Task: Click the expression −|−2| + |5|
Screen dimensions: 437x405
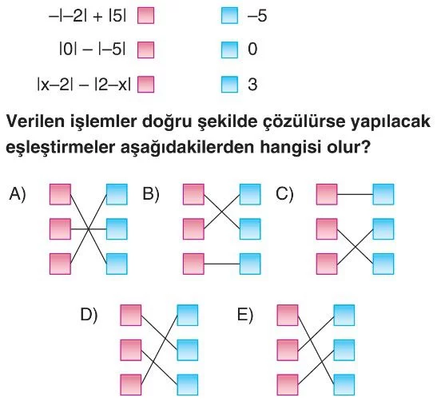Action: tap(88, 17)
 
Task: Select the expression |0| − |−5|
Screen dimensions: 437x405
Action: tap(93, 50)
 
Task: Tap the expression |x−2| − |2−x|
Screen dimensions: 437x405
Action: tap(84, 85)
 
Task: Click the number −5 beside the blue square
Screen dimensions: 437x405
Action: tap(257, 16)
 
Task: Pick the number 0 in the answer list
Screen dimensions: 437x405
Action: tap(252, 50)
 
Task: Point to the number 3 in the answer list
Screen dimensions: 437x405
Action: tap(252, 84)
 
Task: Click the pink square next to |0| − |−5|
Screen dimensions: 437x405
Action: tap(145, 50)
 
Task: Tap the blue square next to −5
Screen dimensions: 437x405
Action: tap(229, 16)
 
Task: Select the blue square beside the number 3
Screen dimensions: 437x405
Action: tap(229, 84)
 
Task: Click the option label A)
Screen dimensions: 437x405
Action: tap(18, 193)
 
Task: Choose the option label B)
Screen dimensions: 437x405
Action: tap(151, 193)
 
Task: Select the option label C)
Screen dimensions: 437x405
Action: tap(284, 193)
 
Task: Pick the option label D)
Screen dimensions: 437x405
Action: tap(89, 315)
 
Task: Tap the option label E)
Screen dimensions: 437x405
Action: tap(245, 315)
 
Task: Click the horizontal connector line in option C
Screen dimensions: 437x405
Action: tap(355, 194)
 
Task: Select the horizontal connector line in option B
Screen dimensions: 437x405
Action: tap(222, 264)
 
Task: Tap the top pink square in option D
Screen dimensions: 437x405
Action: tap(131, 316)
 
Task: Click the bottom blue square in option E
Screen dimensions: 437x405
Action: tap(344, 385)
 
